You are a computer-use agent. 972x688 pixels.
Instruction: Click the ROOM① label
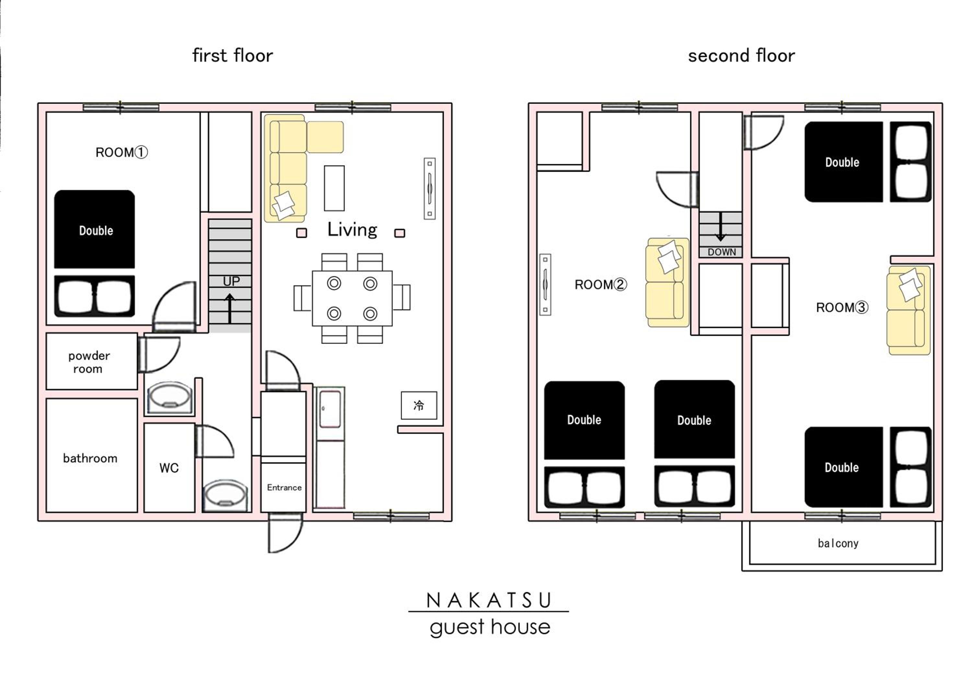pos(121,152)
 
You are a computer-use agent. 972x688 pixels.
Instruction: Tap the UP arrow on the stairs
pos(229,309)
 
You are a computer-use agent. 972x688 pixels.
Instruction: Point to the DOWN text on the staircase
pos(722,252)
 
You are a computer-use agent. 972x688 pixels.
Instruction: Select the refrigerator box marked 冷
pos(419,405)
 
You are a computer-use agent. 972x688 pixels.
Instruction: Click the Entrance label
pos(284,488)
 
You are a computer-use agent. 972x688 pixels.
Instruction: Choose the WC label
pos(169,468)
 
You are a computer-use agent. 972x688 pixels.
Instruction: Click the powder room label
pos(89,362)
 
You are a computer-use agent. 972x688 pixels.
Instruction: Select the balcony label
pos(838,543)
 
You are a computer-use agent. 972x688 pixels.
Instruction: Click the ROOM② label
pos(600,284)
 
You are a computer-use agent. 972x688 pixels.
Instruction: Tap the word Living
pos(352,230)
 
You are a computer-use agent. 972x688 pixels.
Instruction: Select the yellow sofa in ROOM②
pos(667,283)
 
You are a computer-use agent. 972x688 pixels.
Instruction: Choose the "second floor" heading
pos(741,55)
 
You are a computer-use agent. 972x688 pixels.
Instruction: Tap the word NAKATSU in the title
pos(489,600)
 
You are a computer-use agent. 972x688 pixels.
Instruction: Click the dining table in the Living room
pos(352,298)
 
